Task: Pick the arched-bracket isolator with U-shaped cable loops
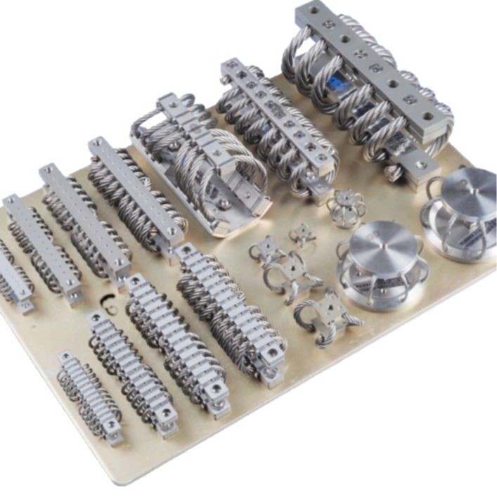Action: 204,165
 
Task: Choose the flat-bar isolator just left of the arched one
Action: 130,190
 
